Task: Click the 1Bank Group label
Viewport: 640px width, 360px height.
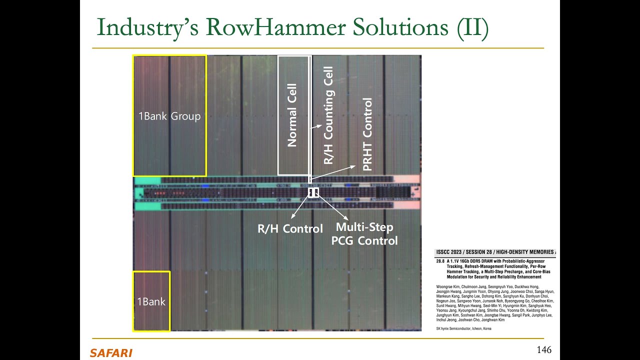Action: coord(169,116)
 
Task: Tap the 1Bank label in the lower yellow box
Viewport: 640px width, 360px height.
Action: coord(151,301)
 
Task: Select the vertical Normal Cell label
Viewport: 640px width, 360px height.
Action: coord(292,115)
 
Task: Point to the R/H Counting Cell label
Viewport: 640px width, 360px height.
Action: coord(328,115)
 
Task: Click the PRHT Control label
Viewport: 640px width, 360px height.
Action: coord(367,134)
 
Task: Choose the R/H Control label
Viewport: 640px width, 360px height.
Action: coord(290,229)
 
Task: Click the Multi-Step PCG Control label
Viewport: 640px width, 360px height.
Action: coord(364,234)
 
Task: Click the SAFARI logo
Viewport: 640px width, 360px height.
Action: coord(111,353)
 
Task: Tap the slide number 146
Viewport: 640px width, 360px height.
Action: coord(544,349)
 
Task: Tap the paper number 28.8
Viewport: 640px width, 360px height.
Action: coord(440,261)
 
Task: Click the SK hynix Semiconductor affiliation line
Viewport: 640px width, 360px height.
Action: coord(463,328)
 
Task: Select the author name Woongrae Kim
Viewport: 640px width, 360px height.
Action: coord(448,286)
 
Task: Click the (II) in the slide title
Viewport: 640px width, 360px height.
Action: coord(472,27)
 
